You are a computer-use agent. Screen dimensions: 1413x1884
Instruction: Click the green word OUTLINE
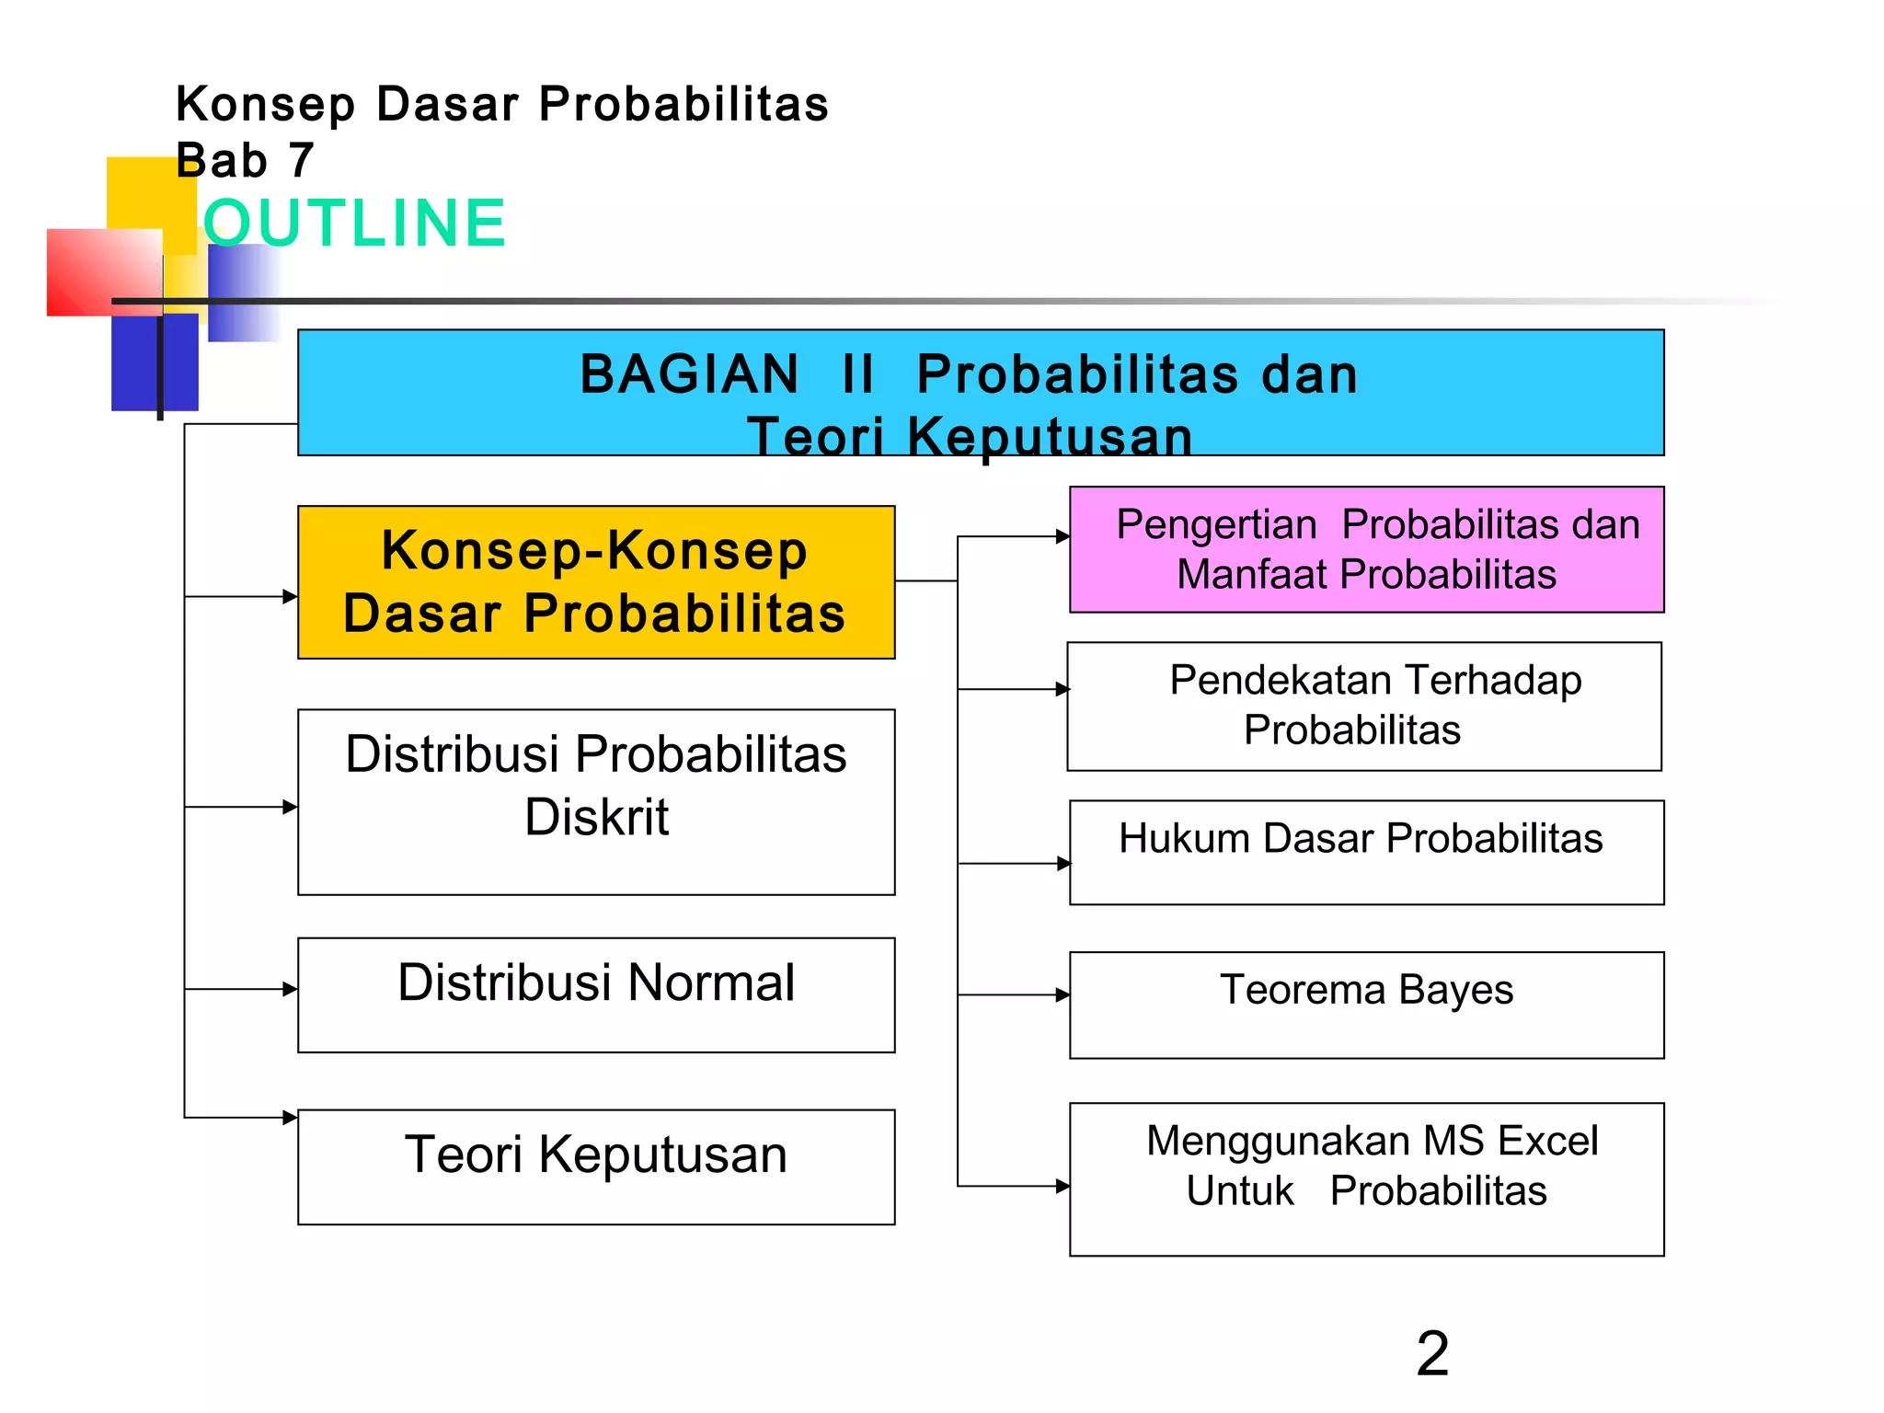[354, 224]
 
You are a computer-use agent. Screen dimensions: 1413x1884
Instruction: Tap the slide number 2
[1432, 1353]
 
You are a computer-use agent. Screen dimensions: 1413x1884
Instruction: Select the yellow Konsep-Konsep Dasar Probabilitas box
[596, 582]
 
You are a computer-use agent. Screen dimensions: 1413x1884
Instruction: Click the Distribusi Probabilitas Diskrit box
[596, 801]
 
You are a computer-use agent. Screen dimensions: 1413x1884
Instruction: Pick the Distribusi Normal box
[596, 994]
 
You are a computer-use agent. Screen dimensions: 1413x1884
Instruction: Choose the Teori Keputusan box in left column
[596, 1166]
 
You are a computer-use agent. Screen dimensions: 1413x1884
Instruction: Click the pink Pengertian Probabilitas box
[1366, 549]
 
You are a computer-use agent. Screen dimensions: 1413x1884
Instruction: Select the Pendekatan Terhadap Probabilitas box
[1364, 706]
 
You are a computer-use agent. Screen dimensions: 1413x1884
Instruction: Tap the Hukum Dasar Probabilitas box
[1366, 852]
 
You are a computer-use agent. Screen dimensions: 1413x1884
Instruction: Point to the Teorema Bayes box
[1366, 1005]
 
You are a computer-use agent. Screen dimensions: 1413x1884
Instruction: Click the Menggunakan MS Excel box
[1366, 1178]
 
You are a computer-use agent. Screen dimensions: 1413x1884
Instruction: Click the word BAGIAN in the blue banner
[689, 374]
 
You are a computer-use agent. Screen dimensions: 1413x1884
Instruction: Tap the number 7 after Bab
[301, 161]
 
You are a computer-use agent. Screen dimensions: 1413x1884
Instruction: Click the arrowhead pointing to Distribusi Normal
[291, 989]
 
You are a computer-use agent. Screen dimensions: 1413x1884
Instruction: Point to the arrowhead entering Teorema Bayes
[1063, 994]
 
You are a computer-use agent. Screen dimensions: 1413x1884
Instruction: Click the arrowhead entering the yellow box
[291, 596]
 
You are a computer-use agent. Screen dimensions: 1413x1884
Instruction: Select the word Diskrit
[596, 817]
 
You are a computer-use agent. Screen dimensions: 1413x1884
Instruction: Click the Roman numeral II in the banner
[857, 374]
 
